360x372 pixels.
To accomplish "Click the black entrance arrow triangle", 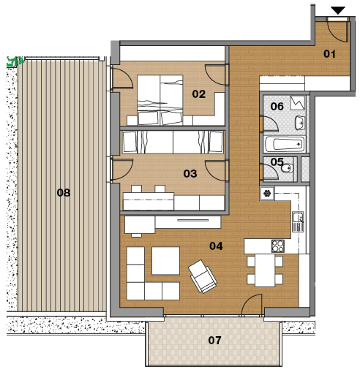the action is click(x=338, y=10).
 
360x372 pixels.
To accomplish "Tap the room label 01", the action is click(x=329, y=54).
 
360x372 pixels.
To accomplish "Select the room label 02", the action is click(x=198, y=94).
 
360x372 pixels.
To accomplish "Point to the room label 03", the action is click(x=190, y=174).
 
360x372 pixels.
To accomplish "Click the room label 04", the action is click(x=216, y=246).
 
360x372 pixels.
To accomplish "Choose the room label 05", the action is click(x=277, y=162).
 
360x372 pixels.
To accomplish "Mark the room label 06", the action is click(x=277, y=106).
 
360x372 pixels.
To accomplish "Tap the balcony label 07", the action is click(x=214, y=340).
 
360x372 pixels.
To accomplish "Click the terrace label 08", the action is click(x=64, y=193).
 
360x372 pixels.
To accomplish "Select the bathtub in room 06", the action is click(x=284, y=144).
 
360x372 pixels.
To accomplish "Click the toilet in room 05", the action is click(x=287, y=168).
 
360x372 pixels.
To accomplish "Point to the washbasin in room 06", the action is click(x=300, y=123).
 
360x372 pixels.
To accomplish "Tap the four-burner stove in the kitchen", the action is click(x=278, y=246).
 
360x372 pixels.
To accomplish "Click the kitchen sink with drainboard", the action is click(x=298, y=221).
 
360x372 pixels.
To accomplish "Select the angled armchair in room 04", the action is click(x=203, y=276).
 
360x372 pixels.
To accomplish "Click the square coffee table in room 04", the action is click(x=166, y=261).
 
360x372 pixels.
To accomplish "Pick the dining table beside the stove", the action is click(x=265, y=270).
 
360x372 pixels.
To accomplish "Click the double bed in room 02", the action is click(x=160, y=100).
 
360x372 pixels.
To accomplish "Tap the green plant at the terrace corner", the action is click(x=15, y=61).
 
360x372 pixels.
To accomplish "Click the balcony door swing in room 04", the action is click(x=252, y=305).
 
